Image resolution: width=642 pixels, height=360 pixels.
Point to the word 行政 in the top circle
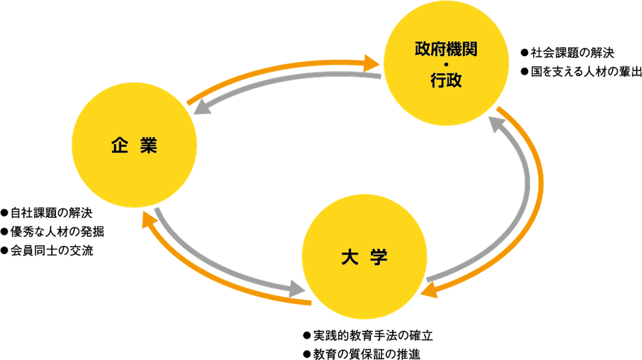pyautogui.click(x=445, y=81)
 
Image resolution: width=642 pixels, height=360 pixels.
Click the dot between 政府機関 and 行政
pyautogui.click(x=445, y=65)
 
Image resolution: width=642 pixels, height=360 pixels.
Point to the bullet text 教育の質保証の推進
pyautogui.click(x=362, y=354)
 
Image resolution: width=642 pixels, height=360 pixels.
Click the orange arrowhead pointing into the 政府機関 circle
pyautogui.click(x=372, y=63)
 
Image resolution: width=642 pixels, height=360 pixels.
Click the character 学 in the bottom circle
pyautogui.click(x=380, y=258)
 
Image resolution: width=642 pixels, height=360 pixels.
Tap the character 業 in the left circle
pyautogui.click(x=150, y=146)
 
